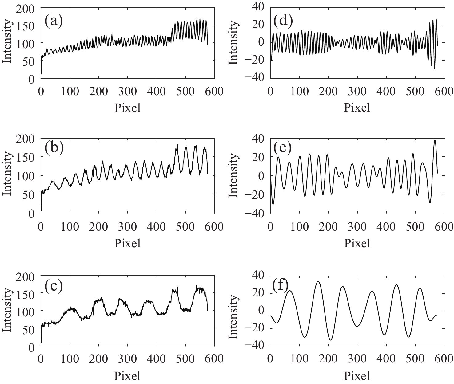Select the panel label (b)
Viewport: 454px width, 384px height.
point(54,148)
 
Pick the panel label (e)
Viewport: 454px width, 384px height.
point(283,148)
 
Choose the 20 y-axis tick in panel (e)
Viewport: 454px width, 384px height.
point(260,157)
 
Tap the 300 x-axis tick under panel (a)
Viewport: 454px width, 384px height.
point(128,92)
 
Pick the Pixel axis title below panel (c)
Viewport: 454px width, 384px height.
point(128,376)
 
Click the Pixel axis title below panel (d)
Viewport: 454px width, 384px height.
point(357,108)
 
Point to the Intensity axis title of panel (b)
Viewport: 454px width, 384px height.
point(8,176)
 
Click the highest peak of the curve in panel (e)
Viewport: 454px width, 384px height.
point(435,140)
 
